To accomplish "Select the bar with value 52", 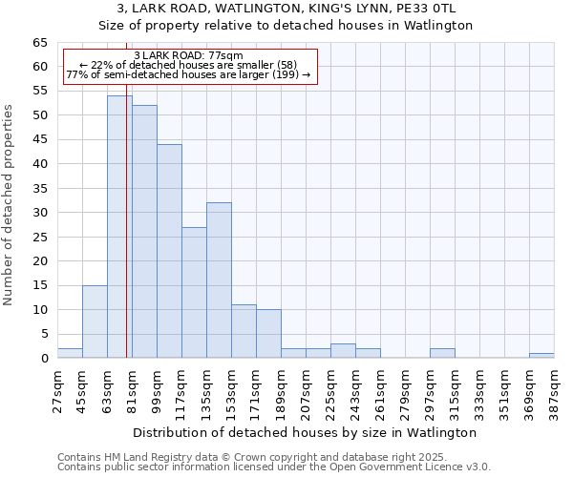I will [144, 232].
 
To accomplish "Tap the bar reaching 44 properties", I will [169, 251].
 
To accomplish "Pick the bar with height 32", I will [219, 280].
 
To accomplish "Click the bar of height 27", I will [194, 292].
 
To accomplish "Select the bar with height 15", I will [95, 321].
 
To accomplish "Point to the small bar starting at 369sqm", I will [541, 356].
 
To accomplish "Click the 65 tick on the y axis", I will [40, 43].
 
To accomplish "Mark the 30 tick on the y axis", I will [40, 213].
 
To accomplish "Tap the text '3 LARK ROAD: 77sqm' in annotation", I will [188, 55].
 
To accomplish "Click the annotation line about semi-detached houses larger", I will [188, 75].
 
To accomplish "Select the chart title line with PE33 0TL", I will [286, 9].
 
